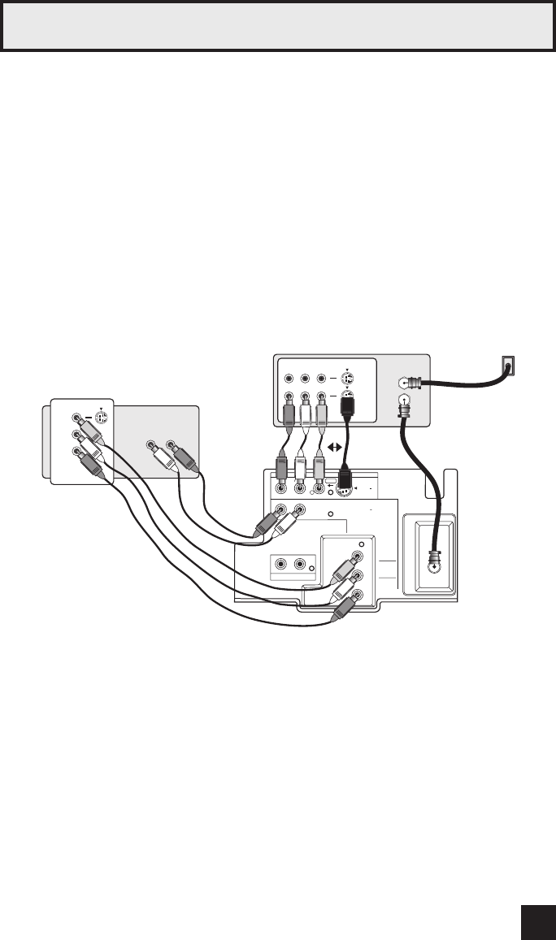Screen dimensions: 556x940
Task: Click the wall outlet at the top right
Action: [x=507, y=367]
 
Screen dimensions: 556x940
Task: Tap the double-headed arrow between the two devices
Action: [x=336, y=445]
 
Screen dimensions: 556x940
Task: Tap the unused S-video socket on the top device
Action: [x=348, y=379]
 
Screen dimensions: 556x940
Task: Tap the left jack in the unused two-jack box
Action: [x=281, y=565]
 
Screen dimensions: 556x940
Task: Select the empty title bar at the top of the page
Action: [x=277, y=27]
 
